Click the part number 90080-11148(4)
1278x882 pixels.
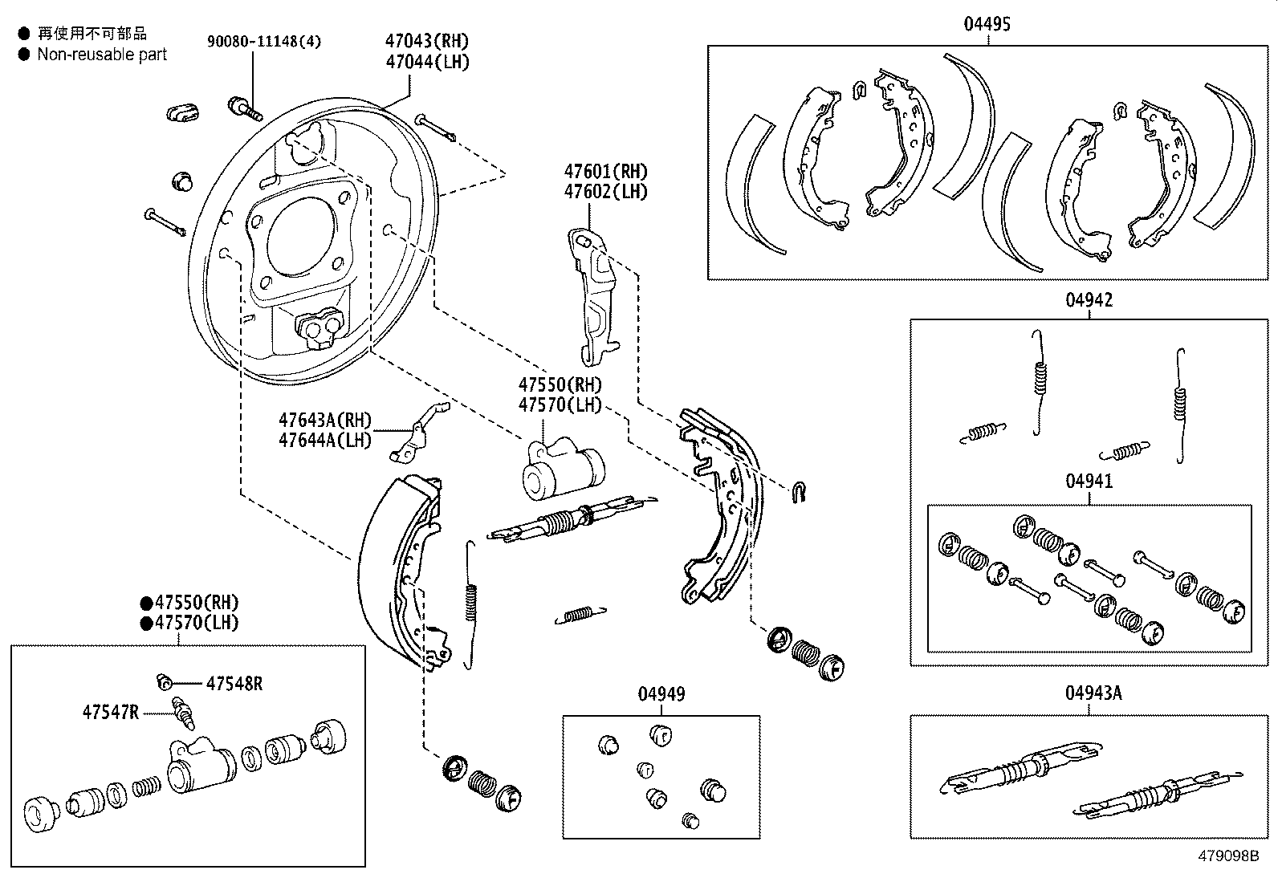tap(263, 42)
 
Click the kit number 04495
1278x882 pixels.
tap(987, 24)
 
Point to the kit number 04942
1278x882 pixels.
tap(1089, 300)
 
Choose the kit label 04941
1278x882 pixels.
tap(1089, 482)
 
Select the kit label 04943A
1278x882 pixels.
tap(1093, 693)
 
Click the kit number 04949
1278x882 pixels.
tap(661, 694)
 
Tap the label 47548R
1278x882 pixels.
tap(234, 684)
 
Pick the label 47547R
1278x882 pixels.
tap(110, 712)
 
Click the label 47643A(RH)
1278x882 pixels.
tap(325, 420)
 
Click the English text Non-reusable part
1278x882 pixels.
tap(102, 55)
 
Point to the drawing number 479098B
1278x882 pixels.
tap(1227, 856)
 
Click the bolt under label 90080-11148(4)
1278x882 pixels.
tap(245, 108)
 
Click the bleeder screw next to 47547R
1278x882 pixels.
tap(183, 713)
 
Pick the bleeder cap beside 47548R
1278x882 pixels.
tap(165, 683)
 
